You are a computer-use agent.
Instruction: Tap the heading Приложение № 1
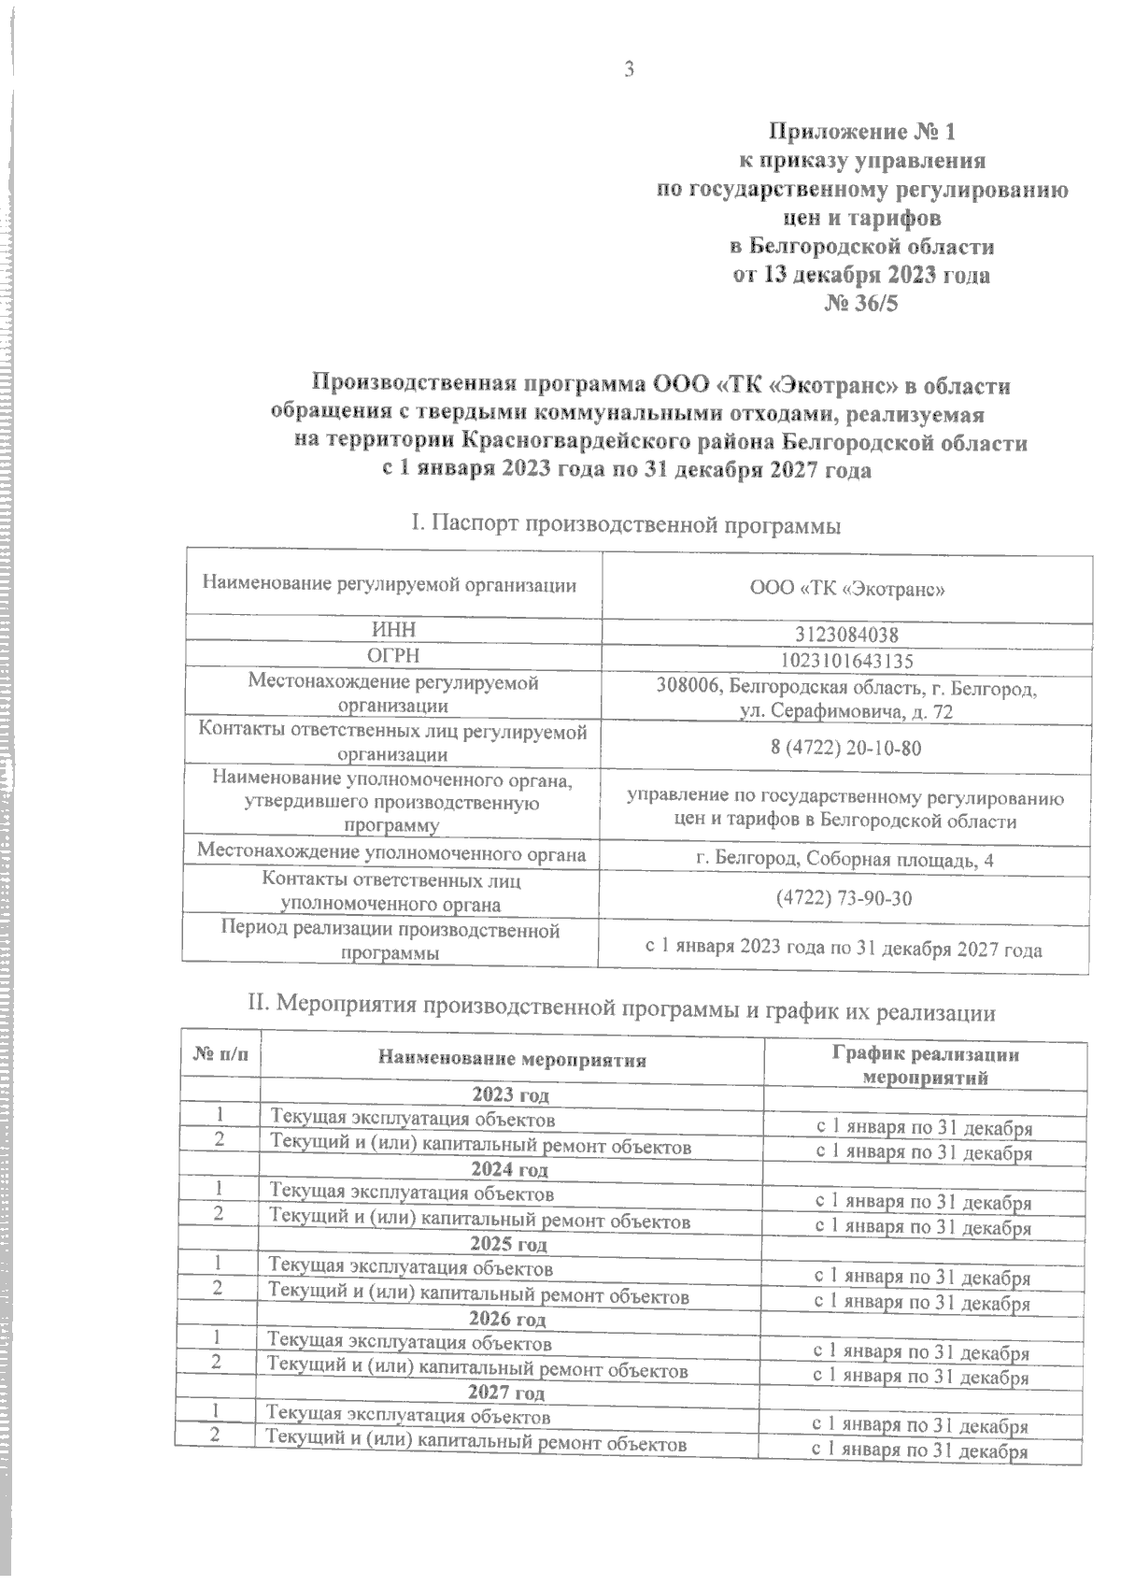point(862,131)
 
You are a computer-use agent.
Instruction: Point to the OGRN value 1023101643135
point(846,661)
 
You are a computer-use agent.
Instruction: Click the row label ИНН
point(392,629)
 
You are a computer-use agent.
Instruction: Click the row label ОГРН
point(392,654)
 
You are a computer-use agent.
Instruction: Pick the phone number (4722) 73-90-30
point(844,898)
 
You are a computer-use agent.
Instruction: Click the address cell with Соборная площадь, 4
point(845,860)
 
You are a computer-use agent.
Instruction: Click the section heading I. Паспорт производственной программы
point(626,525)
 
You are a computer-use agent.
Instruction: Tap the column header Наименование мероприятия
point(512,1059)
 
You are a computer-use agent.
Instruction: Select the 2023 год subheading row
point(510,1094)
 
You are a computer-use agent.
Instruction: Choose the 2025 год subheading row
point(509,1244)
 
